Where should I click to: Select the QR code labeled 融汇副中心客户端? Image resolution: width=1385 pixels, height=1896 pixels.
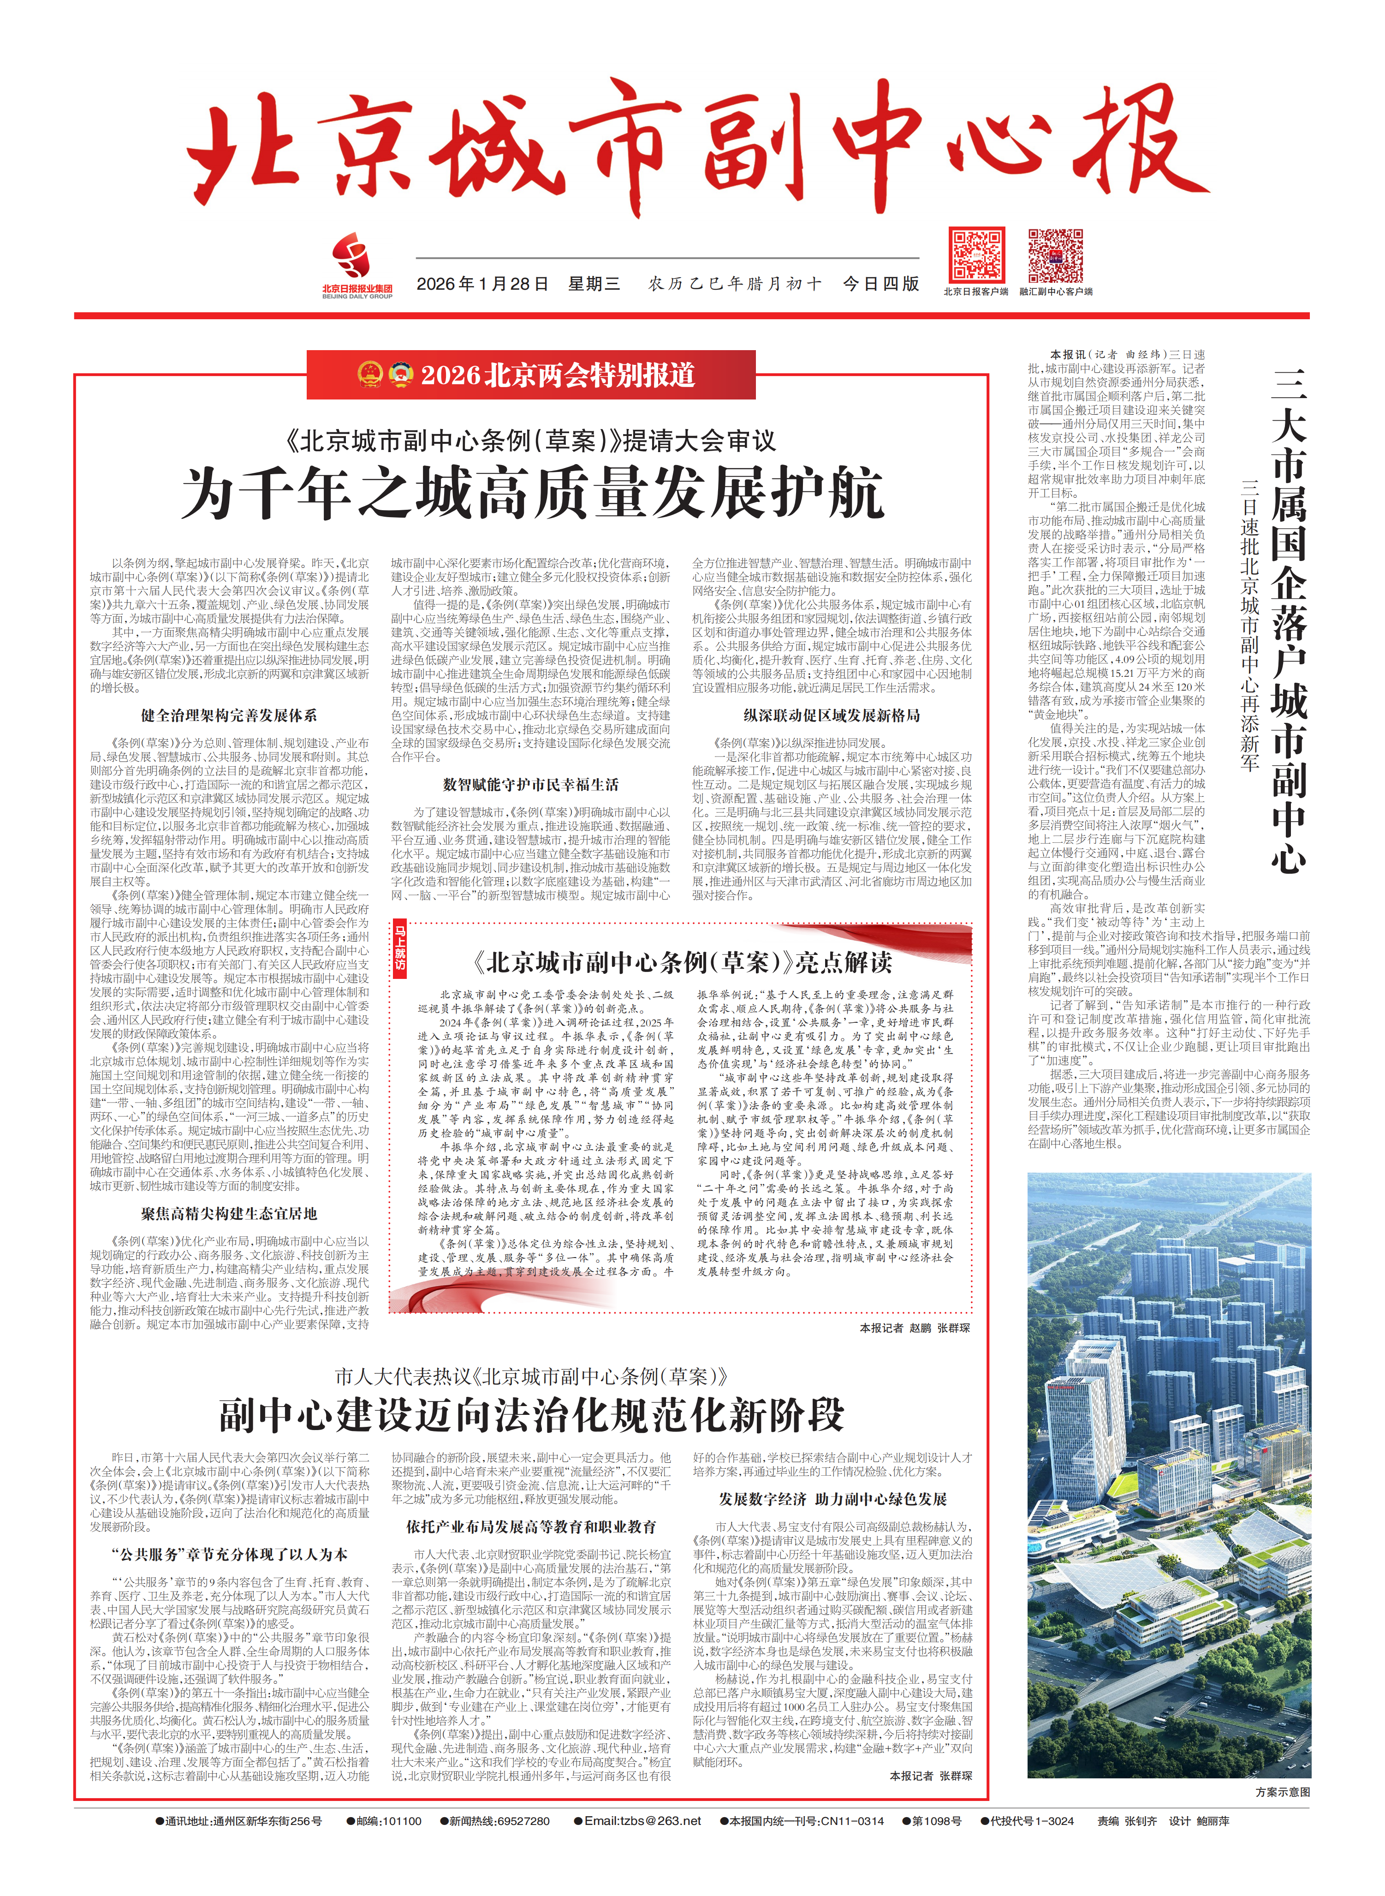(1056, 255)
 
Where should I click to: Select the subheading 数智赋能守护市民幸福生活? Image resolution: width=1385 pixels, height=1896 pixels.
(531, 785)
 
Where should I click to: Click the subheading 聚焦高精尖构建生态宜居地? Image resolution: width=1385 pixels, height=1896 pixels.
(229, 1213)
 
